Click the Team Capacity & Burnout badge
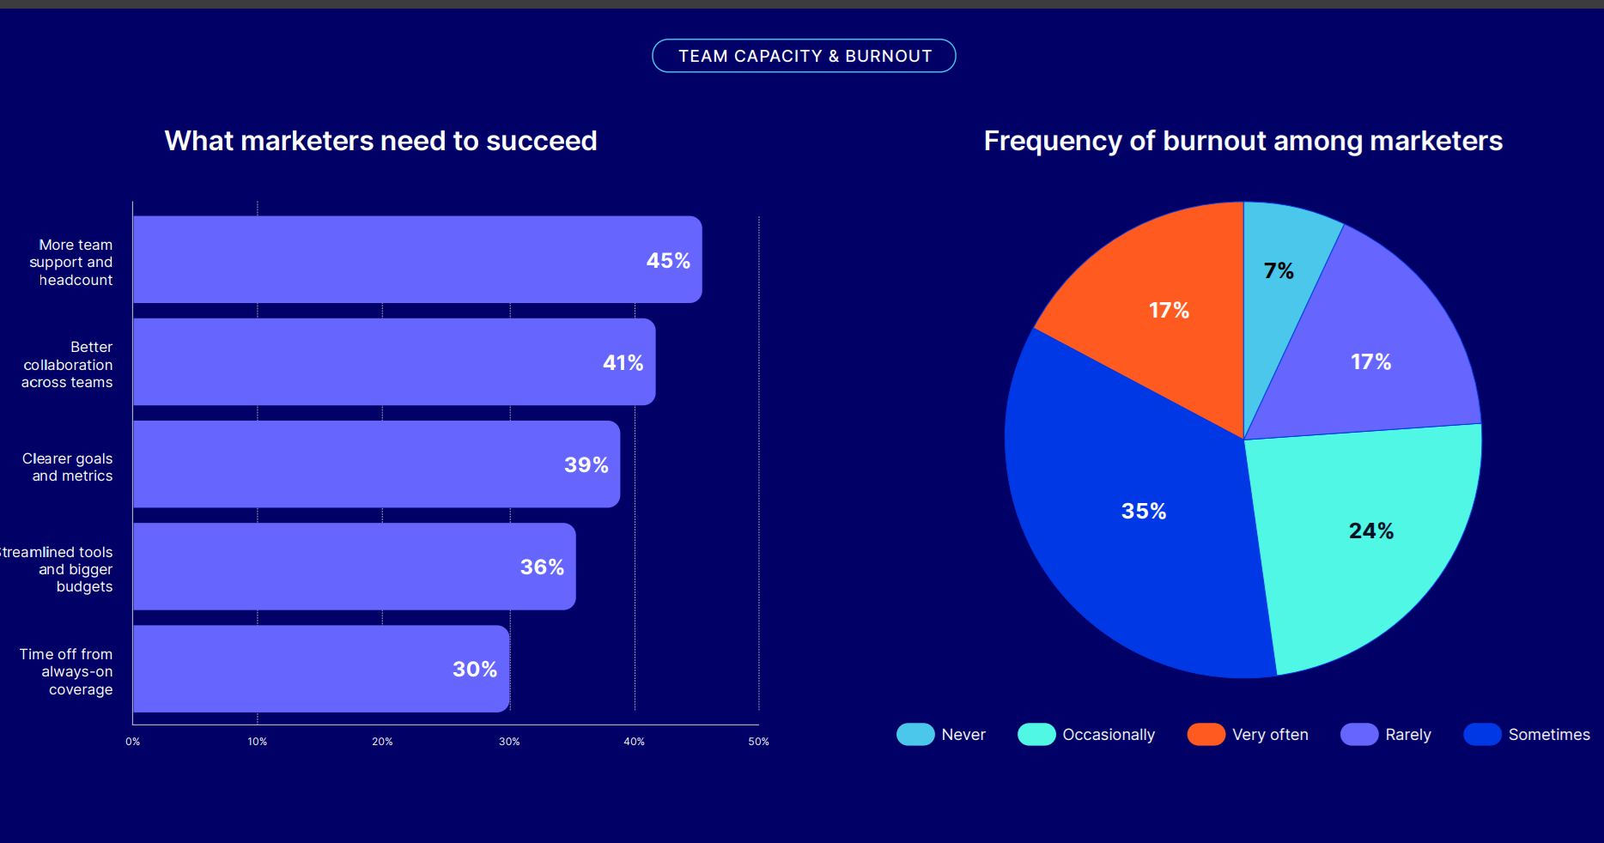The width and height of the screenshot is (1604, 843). pos(804,56)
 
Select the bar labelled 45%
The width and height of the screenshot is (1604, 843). pos(417,259)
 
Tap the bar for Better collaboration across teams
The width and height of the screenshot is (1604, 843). pos(394,361)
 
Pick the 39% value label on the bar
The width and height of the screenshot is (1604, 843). pos(586,464)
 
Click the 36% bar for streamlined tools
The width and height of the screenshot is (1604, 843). pos(354,567)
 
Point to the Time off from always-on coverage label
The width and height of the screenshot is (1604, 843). pos(67,671)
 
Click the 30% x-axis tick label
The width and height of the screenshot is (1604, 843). pos(509,742)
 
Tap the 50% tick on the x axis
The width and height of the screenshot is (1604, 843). pos(758,742)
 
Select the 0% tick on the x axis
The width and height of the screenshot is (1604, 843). pos(132,742)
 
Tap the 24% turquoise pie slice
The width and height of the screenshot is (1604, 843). pos(1365,541)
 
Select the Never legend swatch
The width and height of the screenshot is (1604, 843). pos(915,734)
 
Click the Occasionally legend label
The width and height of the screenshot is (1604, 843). pos(1109,735)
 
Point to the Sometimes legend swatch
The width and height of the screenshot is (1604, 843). pos(1482,734)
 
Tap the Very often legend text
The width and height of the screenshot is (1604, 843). pos(1270,735)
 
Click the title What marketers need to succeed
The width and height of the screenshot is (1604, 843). pos(380,141)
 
